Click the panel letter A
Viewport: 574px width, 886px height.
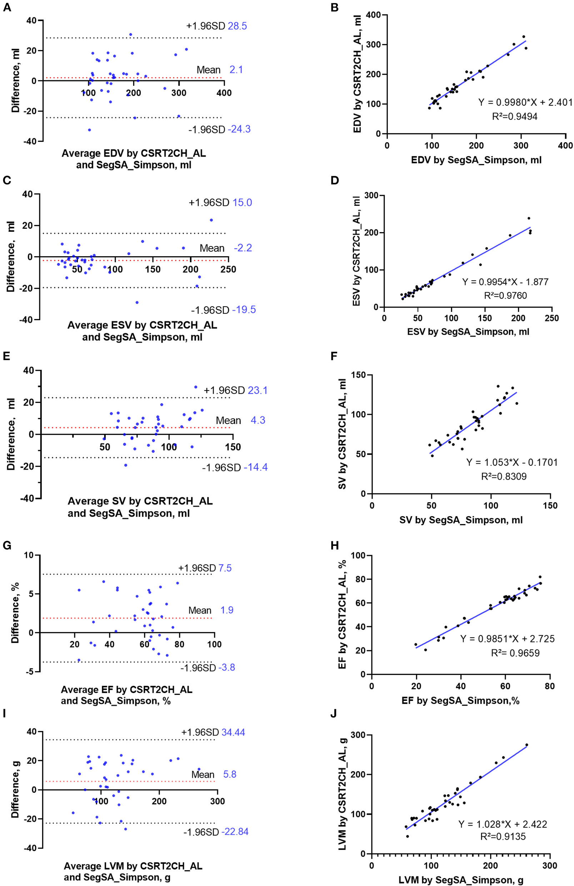[7, 7]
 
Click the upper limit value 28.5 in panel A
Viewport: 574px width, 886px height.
[237, 26]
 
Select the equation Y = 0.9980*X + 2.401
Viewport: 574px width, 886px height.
[525, 103]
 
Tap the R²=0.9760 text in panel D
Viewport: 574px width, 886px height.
[505, 295]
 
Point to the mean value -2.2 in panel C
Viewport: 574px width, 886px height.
[243, 248]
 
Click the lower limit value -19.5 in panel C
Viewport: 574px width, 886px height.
[244, 310]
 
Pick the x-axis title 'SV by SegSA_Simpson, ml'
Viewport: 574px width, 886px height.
[461, 520]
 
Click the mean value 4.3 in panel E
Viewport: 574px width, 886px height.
[258, 420]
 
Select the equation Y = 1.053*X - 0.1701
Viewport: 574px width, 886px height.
[512, 462]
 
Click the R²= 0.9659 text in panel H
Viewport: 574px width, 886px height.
[515, 653]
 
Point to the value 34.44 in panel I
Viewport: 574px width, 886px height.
[233, 732]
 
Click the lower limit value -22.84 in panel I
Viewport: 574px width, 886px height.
[235, 832]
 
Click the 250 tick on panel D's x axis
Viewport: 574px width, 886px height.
[551, 318]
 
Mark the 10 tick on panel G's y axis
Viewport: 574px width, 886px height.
[28, 556]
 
